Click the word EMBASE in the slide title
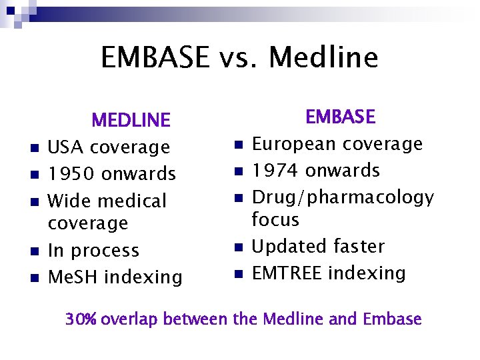[x=155, y=57]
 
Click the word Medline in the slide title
[x=323, y=57]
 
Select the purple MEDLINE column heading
[x=131, y=121]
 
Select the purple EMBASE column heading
[x=341, y=117]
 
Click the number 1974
[x=275, y=171]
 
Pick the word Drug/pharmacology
[x=343, y=198]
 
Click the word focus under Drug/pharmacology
[x=275, y=219]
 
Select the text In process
[x=93, y=251]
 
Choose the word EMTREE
[x=287, y=273]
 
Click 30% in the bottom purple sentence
[x=81, y=319]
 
